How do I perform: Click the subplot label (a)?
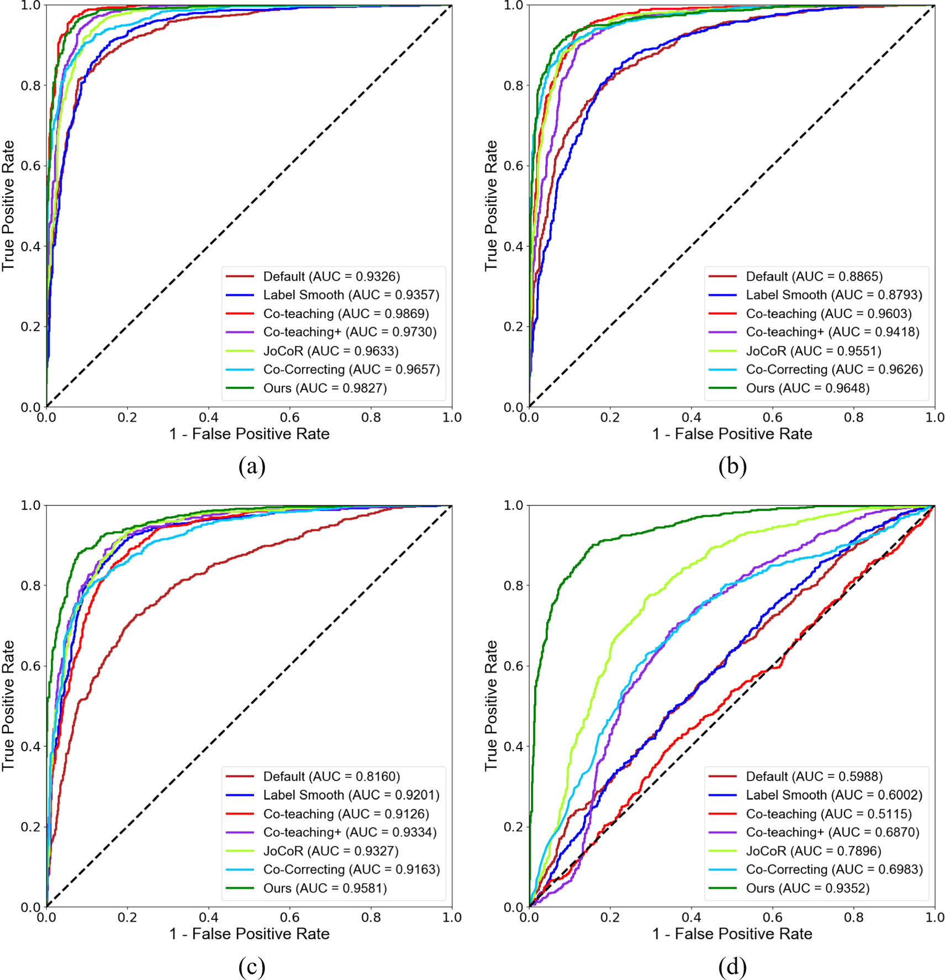click(252, 466)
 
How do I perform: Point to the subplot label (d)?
click(732, 966)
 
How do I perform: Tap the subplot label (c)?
click(252, 966)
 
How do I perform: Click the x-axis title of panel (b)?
click(732, 434)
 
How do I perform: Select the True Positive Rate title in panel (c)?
click(8, 705)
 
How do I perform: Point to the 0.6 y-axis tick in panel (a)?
click(30, 166)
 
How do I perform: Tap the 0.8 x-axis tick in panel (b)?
click(853, 418)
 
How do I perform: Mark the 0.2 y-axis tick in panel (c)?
click(30, 826)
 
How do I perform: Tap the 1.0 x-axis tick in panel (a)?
click(452, 418)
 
